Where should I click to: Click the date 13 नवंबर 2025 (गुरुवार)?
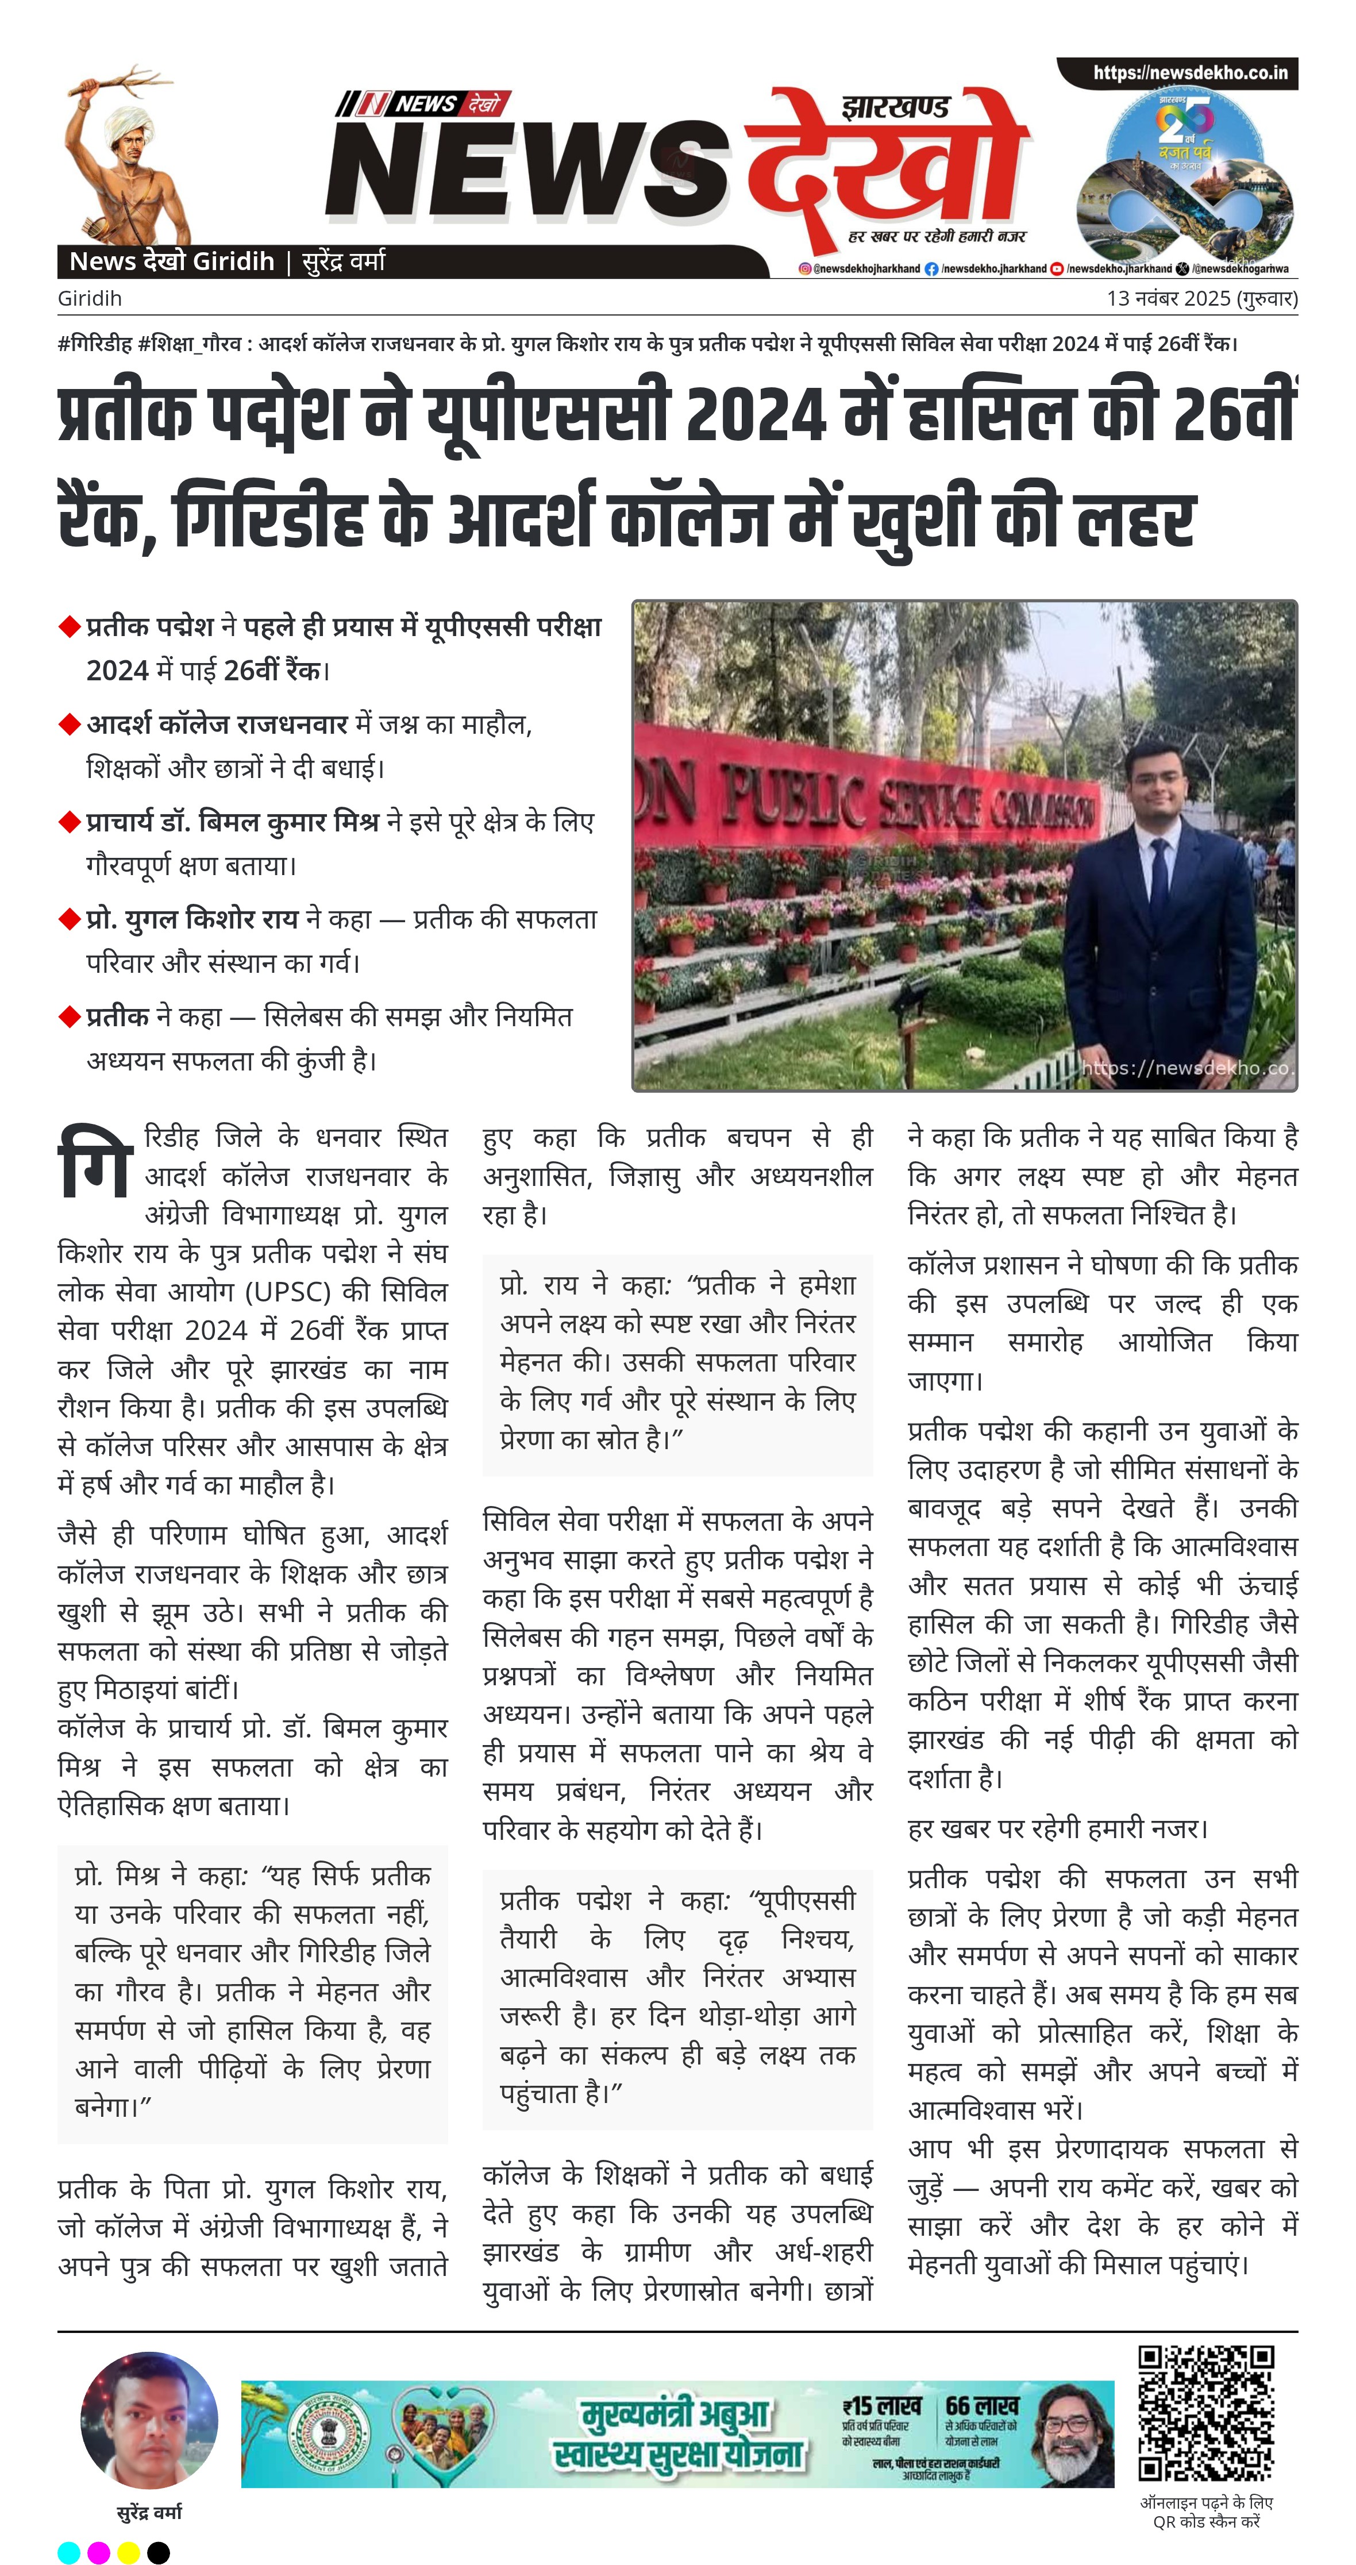(1201, 299)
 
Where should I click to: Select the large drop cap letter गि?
(95, 1161)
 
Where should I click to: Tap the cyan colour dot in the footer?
(69, 2552)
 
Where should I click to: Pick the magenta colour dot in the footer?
(99, 2552)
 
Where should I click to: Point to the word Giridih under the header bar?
(90, 299)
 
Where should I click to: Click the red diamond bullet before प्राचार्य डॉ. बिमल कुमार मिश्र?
(69, 822)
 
